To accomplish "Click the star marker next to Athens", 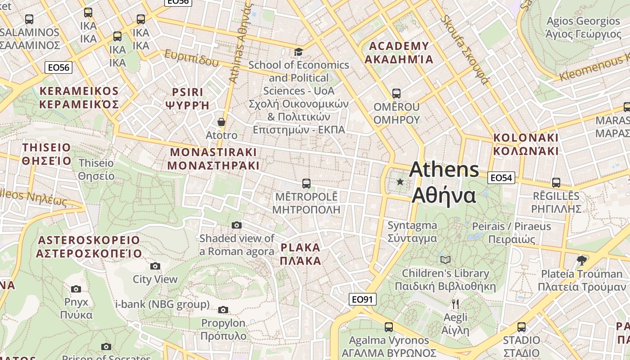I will (x=400, y=182).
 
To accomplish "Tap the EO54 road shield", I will (x=501, y=178).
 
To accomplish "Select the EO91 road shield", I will (x=362, y=299).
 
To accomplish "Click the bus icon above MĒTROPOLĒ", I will (x=306, y=183).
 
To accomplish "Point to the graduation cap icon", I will (x=298, y=52).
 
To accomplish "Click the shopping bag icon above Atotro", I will (x=221, y=122).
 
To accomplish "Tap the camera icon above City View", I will (x=155, y=266).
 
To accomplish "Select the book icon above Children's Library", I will (x=445, y=260).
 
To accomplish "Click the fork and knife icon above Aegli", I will (x=455, y=304).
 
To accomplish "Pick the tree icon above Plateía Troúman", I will (x=581, y=260).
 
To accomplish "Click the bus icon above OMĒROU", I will (x=396, y=94).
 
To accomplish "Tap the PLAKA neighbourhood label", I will (x=300, y=254).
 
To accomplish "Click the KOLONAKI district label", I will (x=526, y=144).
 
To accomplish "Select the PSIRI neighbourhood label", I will (x=188, y=99).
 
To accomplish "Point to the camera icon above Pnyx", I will (x=76, y=288).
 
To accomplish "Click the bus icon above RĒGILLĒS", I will (x=556, y=183).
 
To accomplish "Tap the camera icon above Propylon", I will (x=223, y=310).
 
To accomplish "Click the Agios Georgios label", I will (x=583, y=27).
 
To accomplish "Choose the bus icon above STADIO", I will (x=522, y=327).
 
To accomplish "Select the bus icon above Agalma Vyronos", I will (x=389, y=327).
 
